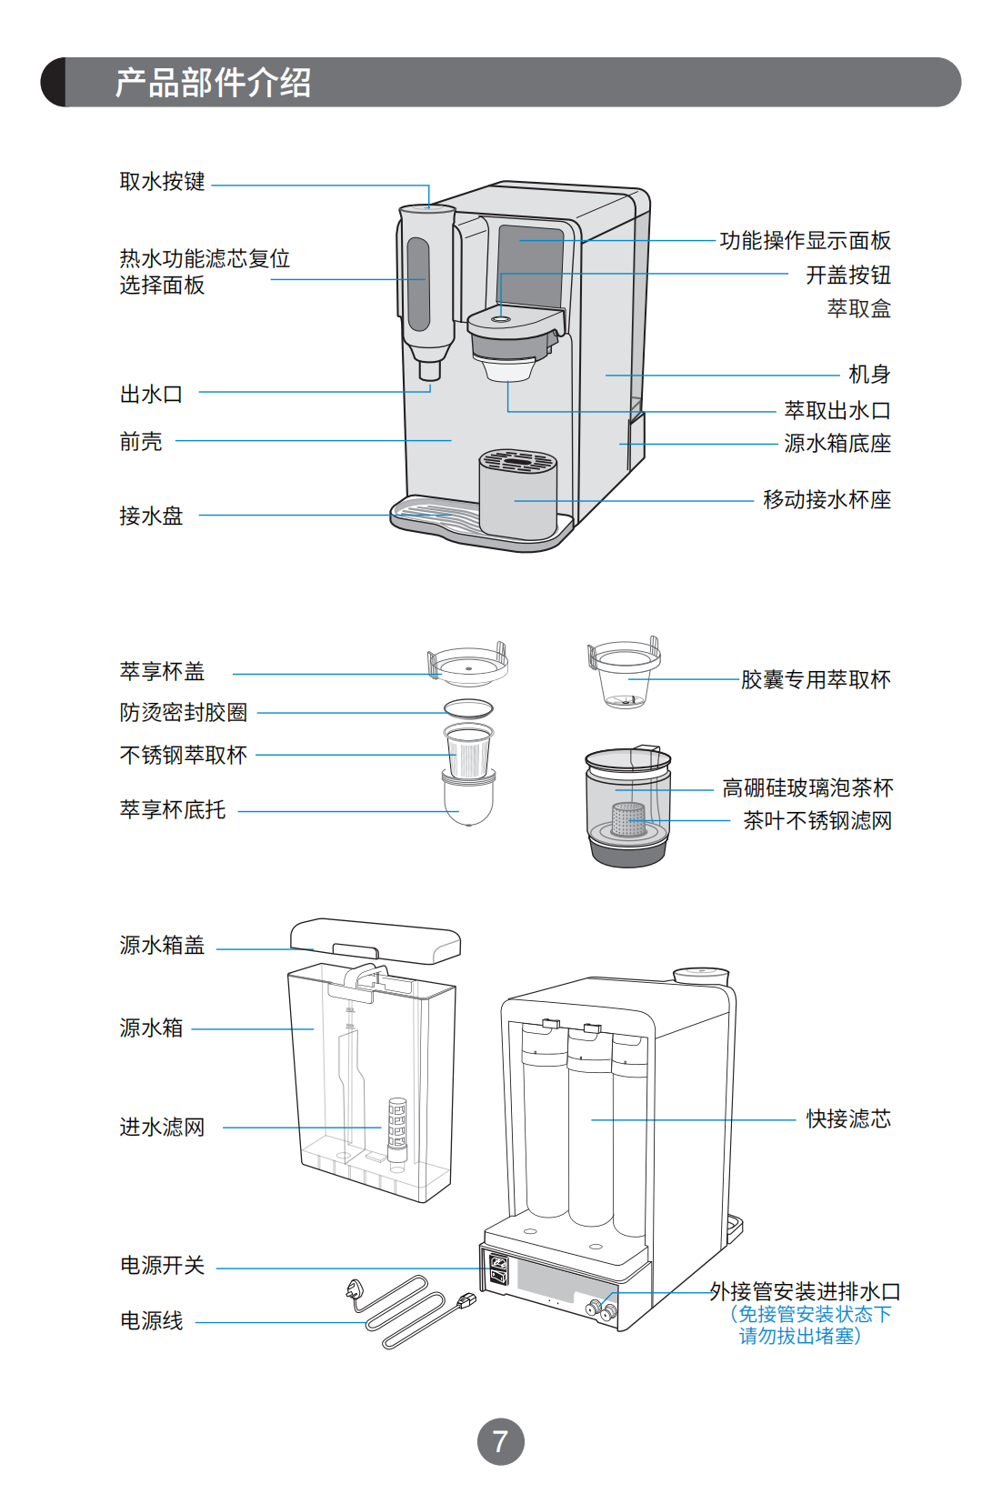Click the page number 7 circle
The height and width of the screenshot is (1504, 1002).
point(500,1440)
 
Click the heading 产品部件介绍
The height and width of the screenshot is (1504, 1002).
point(213,83)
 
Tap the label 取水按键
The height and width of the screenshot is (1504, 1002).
point(162,182)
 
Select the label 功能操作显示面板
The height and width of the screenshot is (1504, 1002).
point(805,241)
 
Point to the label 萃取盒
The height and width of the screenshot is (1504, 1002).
point(858,309)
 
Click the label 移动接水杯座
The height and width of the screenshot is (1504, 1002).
point(827,500)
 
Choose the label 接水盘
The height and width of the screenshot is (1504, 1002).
point(151,516)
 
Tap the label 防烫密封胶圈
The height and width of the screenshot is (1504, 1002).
point(183,713)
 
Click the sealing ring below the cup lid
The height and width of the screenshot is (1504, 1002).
point(468,708)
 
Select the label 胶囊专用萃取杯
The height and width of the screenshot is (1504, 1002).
point(815,680)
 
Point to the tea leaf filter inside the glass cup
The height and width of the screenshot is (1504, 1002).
point(627,818)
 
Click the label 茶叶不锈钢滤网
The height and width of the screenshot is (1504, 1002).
point(817,821)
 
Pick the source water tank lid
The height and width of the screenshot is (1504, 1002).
point(375,939)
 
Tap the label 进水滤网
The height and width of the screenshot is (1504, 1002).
point(162,1128)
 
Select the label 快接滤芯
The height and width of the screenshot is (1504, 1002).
point(847,1119)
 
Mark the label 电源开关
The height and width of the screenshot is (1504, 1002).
point(162,1266)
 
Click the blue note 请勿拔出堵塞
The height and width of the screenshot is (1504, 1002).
point(799,1337)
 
